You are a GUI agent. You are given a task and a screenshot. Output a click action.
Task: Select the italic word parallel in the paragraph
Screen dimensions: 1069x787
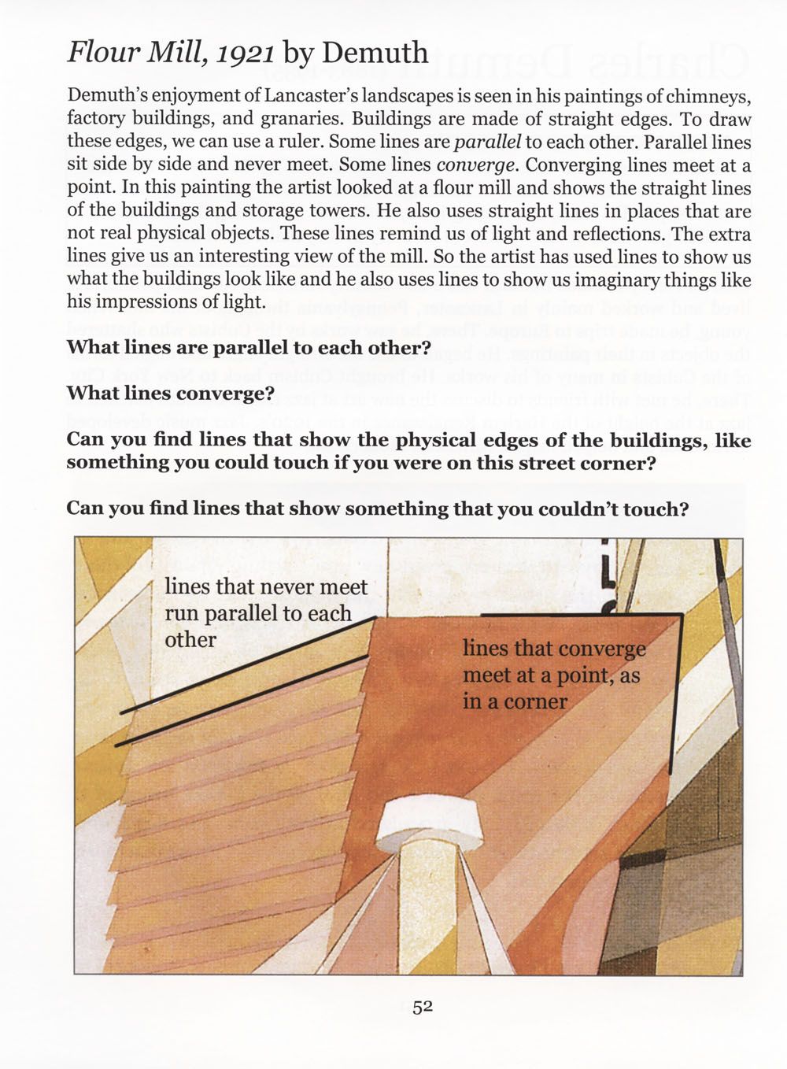489,143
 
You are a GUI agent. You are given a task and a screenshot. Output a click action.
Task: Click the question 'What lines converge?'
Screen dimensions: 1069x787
169,393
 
